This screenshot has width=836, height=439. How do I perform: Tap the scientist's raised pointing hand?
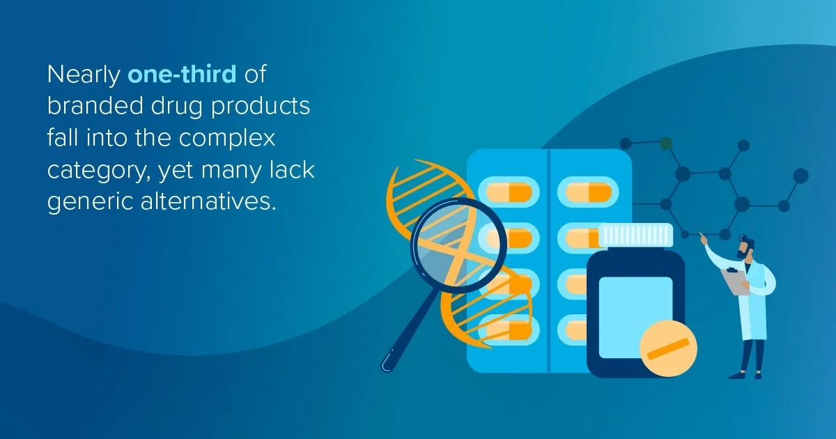703,239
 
